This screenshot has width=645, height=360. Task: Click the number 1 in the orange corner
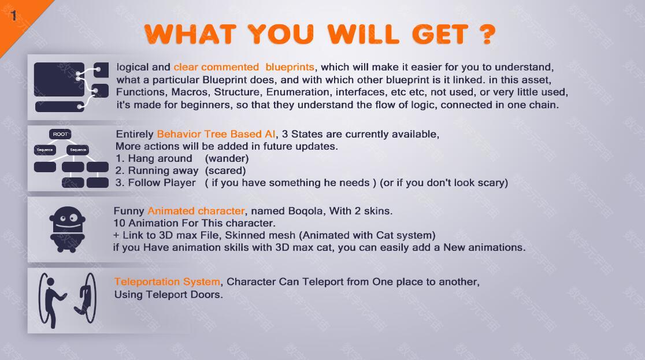(x=13, y=16)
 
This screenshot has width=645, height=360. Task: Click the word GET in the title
(x=440, y=34)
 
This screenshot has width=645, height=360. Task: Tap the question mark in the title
(x=487, y=34)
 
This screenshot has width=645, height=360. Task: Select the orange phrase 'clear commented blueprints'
(x=244, y=67)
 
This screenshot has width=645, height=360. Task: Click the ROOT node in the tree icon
(x=60, y=134)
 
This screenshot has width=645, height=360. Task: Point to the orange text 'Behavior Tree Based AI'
(x=216, y=134)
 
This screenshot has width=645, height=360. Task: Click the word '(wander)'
(x=227, y=158)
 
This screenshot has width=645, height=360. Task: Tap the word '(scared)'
(x=225, y=170)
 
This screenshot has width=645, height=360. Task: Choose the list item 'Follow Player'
(x=162, y=183)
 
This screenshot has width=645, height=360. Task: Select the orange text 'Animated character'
(x=196, y=211)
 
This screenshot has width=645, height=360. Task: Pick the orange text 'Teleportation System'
(x=168, y=282)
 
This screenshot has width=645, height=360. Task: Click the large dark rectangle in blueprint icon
(x=59, y=79)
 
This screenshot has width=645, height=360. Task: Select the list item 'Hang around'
(x=160, y=158)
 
